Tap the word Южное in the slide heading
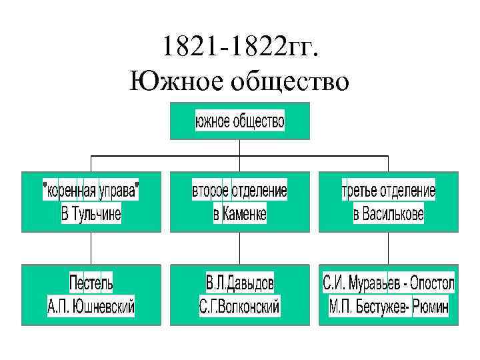175,83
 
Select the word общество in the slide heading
289,83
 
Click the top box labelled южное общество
240,121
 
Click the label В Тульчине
91,214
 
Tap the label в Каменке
240,214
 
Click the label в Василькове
389,214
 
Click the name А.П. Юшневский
91,307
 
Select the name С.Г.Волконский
240,307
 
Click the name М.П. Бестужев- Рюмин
389,307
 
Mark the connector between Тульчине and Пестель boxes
91,248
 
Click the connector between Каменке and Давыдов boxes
240,248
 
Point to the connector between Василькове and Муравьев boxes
389,248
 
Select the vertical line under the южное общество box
240,147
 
